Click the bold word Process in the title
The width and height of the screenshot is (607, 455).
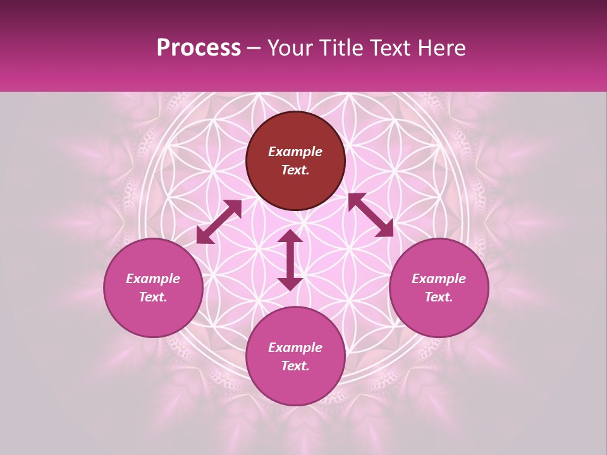pos(199,48)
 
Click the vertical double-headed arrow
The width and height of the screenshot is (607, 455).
pos(290,260)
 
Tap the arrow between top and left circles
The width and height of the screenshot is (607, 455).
pos(219,222)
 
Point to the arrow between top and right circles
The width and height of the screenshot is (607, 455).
pos(371,215)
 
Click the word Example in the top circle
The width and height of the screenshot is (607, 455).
pos(295,152)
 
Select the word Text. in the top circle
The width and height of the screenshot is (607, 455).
pos(295,170)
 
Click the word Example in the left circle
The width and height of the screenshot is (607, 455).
pos(153,279)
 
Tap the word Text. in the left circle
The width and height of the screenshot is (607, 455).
pos(153,297)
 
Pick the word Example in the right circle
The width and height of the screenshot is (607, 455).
pos(439,279)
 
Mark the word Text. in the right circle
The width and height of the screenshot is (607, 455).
pos(439,297)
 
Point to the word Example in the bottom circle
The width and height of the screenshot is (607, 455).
pos(295,348)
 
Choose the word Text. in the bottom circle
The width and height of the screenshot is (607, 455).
pos(295,366)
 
